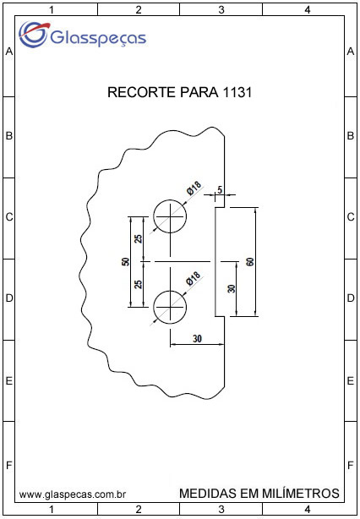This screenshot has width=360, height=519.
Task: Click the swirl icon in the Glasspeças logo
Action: pyautogui.click(x=33, y=35)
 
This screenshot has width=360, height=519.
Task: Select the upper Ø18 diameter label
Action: pyautogui.click(x=194, y=189)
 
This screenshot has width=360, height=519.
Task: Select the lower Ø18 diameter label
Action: pyautogui.click(x=194, y=279)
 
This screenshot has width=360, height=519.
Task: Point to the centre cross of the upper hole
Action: pyautogui.click(x=170, y=216)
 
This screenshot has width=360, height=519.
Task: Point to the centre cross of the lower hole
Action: pyautogui.click(x=170, y=307)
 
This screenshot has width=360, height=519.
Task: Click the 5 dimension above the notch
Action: pyautogui.click(x=220, y=190)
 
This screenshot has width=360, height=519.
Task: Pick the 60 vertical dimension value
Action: pyautogui.click(x=250, y=262)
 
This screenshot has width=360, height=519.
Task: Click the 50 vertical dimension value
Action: pyautogui.click(x=125, y=262)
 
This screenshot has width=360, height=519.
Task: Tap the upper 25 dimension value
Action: pyautogui.click(x=139, y=238)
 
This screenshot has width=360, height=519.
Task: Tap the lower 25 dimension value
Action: pyautogui.click(x=139, y=284)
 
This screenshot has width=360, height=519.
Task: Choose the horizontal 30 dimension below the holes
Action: pyautogui.click(x=197, y=339)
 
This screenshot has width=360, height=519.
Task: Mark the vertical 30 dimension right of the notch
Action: pyautogui.click(x=232, y=288)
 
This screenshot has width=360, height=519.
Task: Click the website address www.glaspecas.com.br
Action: pyautogui.click(x=73, y=494)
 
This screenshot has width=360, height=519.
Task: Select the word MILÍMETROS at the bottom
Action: pyautogui.click(x=301, y=493)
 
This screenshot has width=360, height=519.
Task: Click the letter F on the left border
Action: pyautogui.click(x=9, y=466)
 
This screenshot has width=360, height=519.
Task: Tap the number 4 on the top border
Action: pyautogui.click(x=308, y=10)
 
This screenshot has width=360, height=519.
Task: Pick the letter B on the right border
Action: pyautogui.click(x=351, y=136)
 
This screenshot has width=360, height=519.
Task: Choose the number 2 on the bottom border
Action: pyautogui.click(x=139, y=508)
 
